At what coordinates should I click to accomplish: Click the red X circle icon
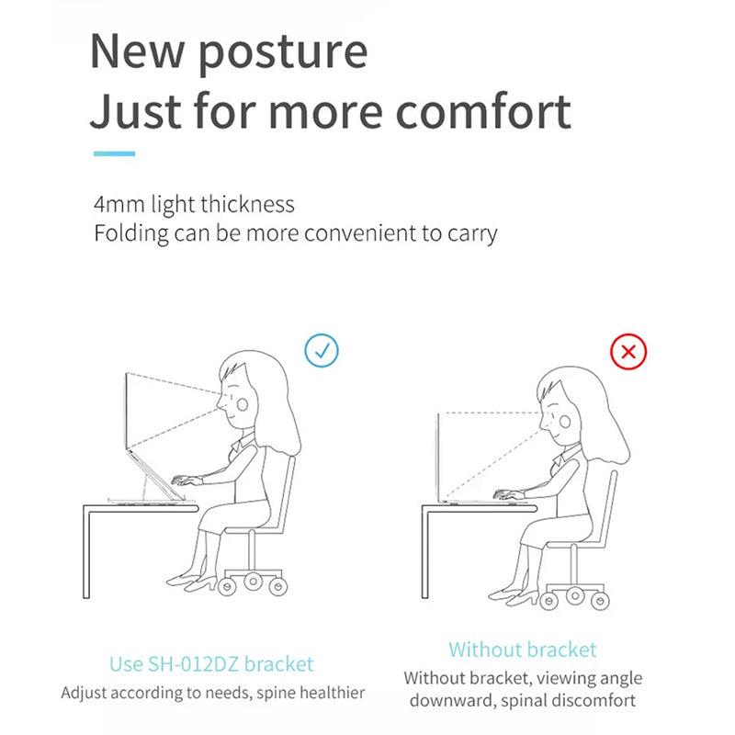click(x=629, y=351)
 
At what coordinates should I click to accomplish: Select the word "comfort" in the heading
click(x=484, y=112)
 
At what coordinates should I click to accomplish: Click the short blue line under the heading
click(x=114, y=153)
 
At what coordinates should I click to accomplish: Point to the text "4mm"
click(x=119, y=204)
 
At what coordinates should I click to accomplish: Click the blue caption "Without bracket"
click(x=523, y=650)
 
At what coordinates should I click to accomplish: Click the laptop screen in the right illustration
click(x=438, y=455)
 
